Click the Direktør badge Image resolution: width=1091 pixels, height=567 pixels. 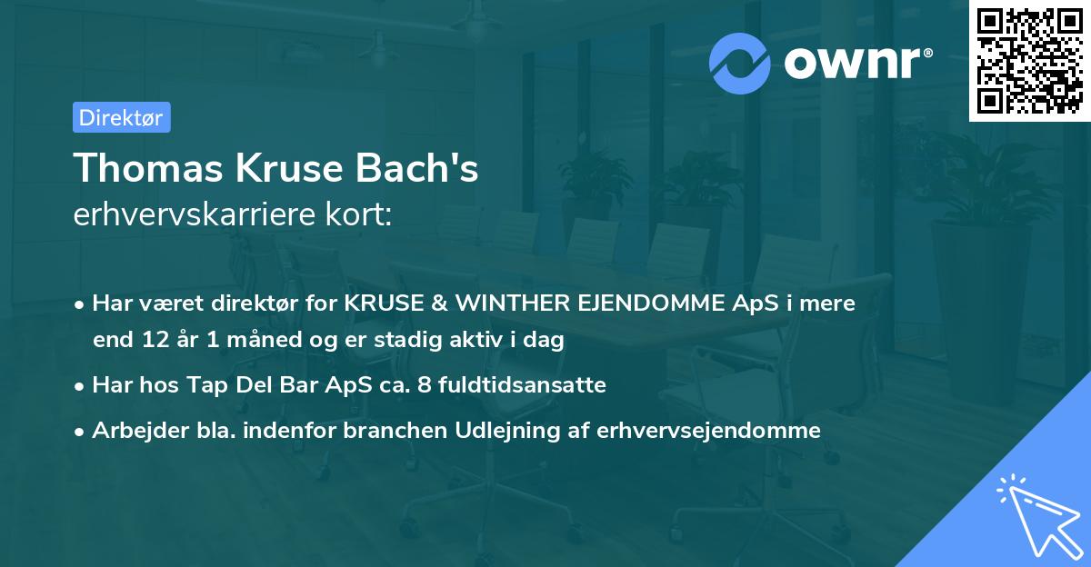[121, 117]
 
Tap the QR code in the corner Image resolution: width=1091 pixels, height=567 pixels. [1029, 61]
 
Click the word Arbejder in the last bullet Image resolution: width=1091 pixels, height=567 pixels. [133, 430]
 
